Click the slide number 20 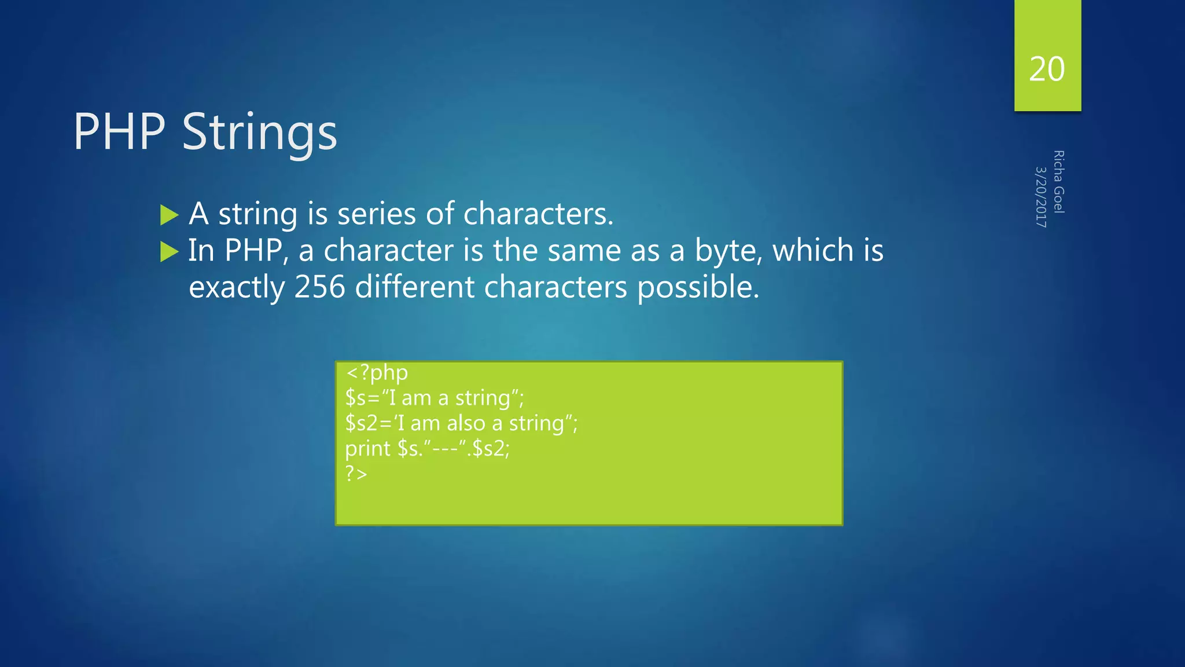point(1047,69)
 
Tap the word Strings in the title point(259,133)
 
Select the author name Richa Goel point(1058,182)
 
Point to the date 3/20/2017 point(1040,197)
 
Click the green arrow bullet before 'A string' point(169,215)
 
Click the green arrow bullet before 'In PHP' point(169,252)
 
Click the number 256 point(319,287)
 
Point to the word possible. point(698,288)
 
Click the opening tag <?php point(377,373)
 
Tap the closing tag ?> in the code point(356,474)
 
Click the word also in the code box point(465,423)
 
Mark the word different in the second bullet point(414,287)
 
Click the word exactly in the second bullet point(237,288)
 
